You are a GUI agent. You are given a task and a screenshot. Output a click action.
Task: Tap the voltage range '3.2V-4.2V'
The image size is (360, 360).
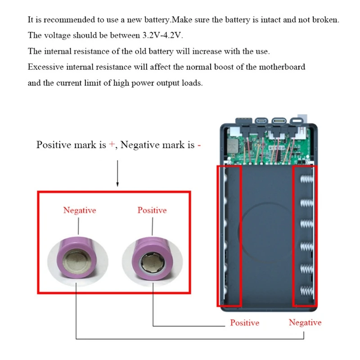point(162,36)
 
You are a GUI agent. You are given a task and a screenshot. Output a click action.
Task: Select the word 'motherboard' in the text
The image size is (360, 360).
point(282,67)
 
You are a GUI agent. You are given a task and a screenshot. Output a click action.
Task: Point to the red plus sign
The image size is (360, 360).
point(112,144)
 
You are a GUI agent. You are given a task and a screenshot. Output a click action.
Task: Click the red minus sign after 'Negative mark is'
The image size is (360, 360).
point(199,145)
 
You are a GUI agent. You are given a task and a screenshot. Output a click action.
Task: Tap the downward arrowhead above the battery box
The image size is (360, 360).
point(117,184)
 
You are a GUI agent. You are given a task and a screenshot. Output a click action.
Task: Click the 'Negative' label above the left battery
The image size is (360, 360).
point(80,210)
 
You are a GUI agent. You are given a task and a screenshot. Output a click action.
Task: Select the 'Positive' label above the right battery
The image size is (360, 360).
point(152,210)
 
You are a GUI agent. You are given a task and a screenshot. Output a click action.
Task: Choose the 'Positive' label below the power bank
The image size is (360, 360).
point(244,323)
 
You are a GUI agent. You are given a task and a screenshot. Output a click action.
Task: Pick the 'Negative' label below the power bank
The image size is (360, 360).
point(305,322)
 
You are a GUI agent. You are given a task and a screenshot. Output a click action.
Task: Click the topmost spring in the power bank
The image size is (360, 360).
point(307,179)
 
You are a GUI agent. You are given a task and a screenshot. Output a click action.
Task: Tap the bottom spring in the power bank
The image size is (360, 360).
point(307,291)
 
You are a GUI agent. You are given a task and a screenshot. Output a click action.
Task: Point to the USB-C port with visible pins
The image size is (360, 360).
point(279,121)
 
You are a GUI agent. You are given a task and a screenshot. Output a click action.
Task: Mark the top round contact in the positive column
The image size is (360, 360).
point(225,178)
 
